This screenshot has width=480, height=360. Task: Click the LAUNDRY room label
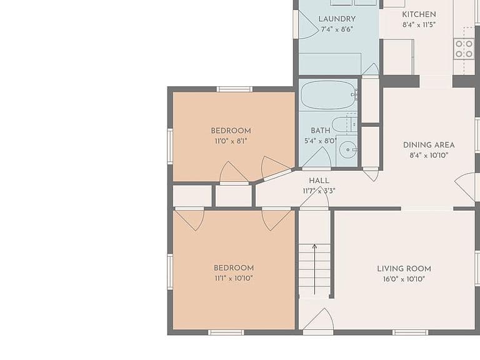337,19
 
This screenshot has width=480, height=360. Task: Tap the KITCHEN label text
419,14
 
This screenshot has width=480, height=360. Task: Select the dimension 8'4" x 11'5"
419,25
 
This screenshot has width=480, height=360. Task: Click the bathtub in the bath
328,94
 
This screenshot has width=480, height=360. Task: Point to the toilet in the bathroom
344,124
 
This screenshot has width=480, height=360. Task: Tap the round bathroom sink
348,150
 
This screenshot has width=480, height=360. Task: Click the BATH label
321,131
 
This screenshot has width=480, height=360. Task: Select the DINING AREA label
429,145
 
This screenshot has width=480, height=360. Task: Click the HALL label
319,181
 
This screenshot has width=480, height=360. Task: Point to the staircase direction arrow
314,269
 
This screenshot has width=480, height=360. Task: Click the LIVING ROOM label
404,269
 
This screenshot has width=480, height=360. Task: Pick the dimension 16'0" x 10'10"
404,279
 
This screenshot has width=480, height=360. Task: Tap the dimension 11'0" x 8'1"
231,141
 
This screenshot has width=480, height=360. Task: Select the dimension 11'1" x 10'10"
234,278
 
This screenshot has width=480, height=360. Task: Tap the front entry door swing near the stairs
318,319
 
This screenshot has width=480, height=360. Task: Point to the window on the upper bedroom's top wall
235,89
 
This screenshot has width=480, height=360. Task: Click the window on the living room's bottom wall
410,332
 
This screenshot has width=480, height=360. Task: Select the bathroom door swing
316,157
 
